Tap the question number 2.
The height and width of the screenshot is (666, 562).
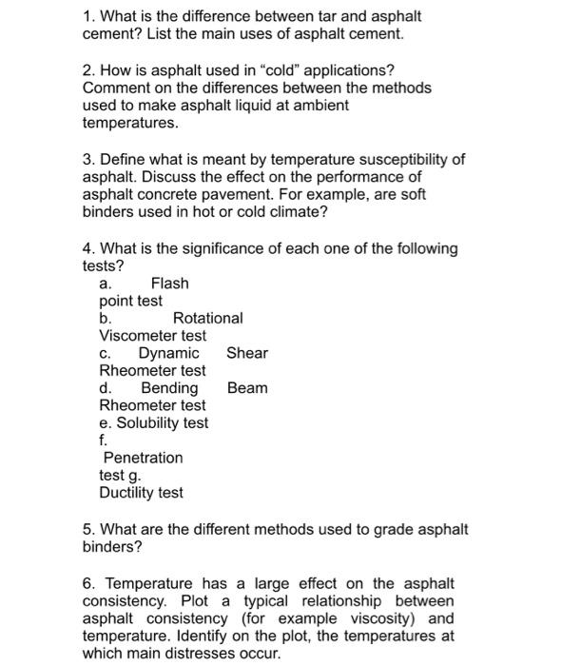(x=87, y=69)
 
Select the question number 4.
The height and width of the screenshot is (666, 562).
(x=87, y=248)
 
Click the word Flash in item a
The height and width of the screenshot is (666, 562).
(x=169, y=284)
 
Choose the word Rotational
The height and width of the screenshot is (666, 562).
(x=207, y=318)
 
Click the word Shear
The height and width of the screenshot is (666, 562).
(x=247, y=353)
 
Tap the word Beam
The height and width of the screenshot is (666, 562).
(x=247, y=388)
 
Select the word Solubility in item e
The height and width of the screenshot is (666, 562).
(x=148, y=423)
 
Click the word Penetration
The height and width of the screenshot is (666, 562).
(x=143, y=458)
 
